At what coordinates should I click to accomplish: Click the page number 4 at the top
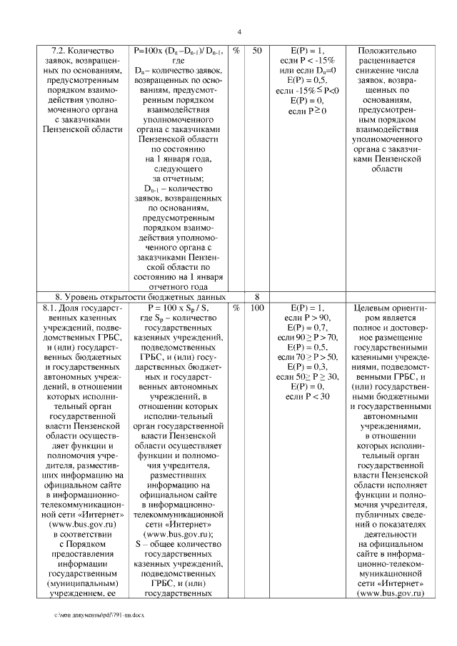point(239,32)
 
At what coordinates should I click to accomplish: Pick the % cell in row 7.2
point(236,51)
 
